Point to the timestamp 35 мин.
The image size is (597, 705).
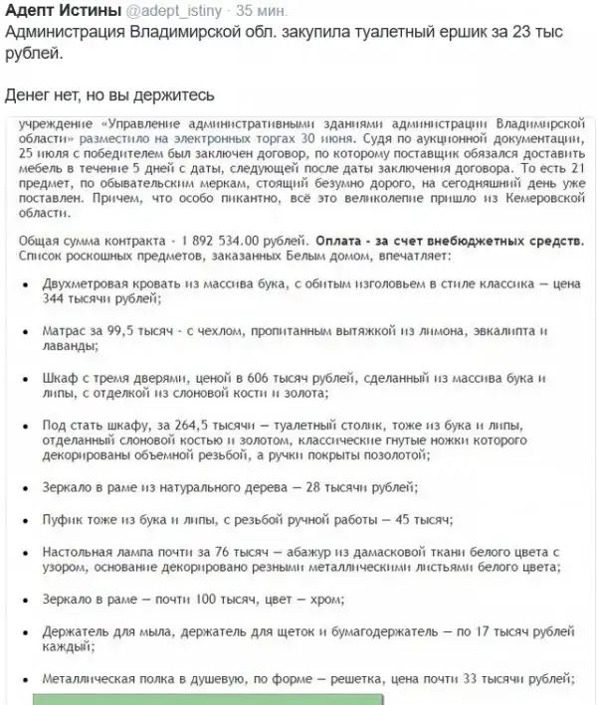(x=261, y=12)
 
